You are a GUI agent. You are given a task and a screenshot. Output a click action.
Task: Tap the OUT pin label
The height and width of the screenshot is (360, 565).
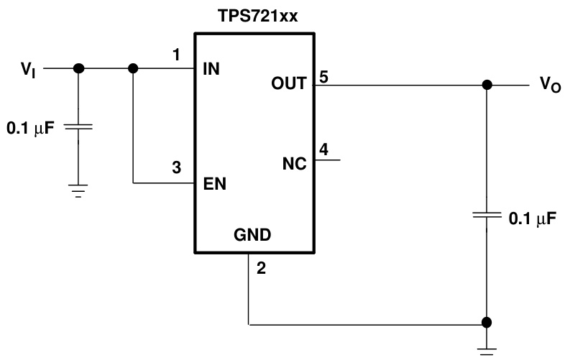coord(290,83)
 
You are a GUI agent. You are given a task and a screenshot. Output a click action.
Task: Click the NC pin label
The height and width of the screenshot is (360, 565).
coord(295,163)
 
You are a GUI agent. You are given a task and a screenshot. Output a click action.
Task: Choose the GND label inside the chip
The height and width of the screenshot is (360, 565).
coord(252,234)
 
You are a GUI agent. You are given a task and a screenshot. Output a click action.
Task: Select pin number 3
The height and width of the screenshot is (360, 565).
coord(176,168)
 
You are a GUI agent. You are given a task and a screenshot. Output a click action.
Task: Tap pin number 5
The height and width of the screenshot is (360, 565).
coord(324,78)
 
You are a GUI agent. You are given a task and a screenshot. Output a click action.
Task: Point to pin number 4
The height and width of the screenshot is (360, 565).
coord(324,149)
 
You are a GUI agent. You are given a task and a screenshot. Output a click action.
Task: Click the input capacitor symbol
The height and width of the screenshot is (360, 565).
coord(78,126)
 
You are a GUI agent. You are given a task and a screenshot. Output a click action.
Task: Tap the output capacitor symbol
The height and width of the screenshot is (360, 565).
coord(487,216)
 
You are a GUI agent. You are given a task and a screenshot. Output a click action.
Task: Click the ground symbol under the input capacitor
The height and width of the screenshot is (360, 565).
coord(78,190)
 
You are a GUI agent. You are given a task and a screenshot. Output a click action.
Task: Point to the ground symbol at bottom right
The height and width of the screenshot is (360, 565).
coord(487,349)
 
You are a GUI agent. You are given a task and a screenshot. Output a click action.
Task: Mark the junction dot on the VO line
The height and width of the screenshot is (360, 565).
coord(487,85)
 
